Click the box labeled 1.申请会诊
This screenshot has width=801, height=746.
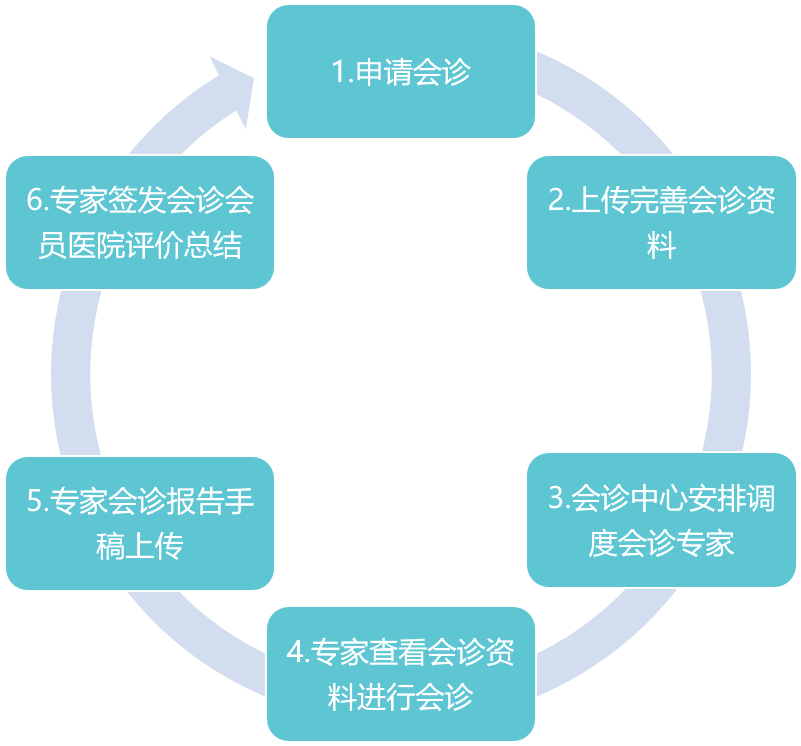[400, 72]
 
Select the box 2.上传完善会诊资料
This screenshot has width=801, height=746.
[661, 222]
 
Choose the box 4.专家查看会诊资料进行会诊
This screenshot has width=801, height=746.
[400, 673]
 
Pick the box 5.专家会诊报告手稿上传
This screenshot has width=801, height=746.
[139, 523]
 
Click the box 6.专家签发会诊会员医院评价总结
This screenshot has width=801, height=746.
[139, 222]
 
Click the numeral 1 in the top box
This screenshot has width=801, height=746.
[338, 73]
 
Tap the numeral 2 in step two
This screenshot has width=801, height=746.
[556, 200]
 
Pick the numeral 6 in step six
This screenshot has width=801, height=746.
[35, 200]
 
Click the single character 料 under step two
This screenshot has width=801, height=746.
[661, 245]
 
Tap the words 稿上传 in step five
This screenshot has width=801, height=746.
[139, 547]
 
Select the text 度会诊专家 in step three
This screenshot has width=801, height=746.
[661, 543]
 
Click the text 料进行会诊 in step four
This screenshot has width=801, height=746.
[400, 696]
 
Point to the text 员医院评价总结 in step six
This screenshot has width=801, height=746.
[139, 245]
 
